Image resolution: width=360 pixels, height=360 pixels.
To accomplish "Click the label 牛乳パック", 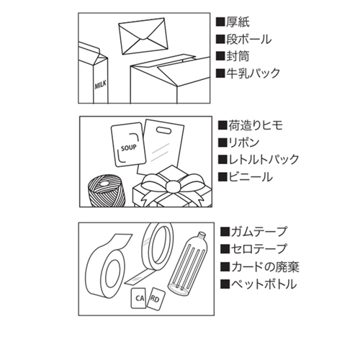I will pos(251,73).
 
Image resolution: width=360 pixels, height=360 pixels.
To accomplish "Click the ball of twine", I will pos(105,191).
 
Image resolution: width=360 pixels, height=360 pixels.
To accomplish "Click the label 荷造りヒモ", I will pos(256,125).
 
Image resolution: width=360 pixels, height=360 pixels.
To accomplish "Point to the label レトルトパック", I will pos(261,160).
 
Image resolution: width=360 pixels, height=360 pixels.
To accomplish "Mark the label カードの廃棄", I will pos(263,266).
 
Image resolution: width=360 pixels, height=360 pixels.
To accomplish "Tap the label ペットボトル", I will pos(261,284).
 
